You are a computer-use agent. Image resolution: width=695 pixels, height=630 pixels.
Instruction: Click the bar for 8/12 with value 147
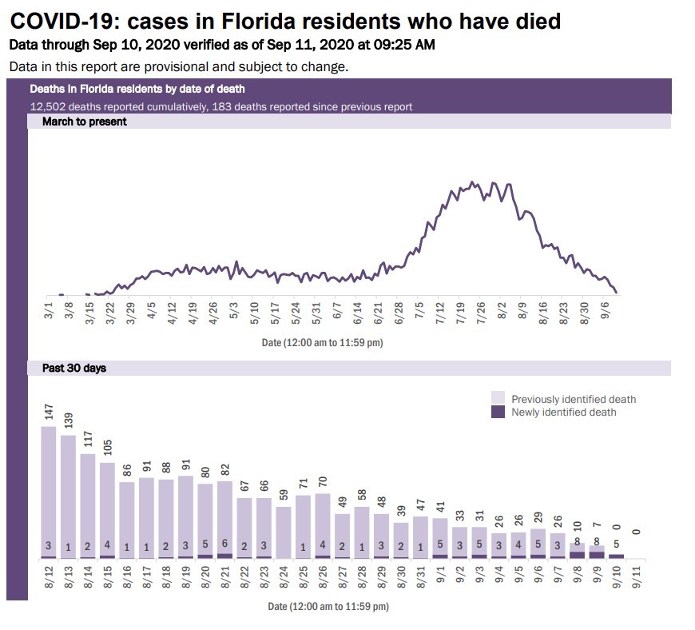click(x=49, y=492)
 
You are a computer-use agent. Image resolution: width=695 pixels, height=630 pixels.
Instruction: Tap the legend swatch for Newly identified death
click(x=498, y=413)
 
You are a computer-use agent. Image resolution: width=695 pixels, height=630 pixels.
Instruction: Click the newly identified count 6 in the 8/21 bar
click(x=225, y=546)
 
